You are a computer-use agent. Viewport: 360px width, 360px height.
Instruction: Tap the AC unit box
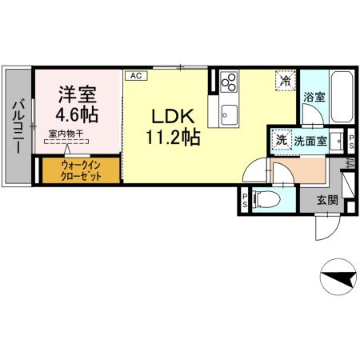[135, 75]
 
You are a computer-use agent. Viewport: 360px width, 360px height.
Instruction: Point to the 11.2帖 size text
[173, 137]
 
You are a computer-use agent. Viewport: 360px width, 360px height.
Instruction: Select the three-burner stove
[230, 82]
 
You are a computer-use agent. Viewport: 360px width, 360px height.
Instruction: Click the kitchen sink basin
[229, 112]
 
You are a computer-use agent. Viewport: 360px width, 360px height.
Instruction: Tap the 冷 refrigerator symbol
[285, 79]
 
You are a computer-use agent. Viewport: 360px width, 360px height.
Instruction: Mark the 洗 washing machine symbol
[281, 138]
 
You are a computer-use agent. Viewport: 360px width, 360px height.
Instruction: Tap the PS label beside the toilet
[244, 198]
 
